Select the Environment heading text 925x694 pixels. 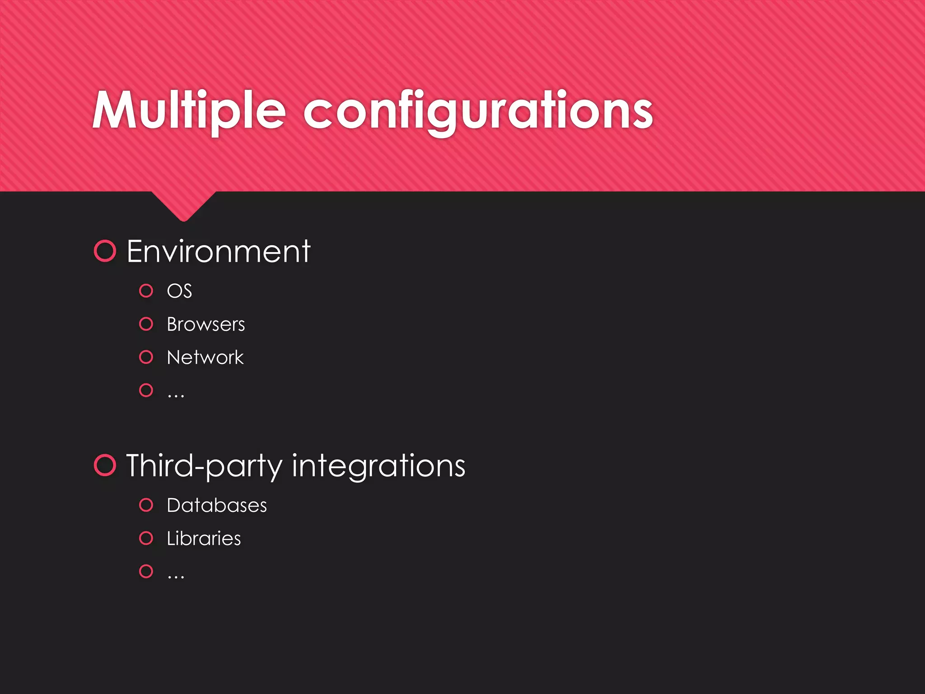point(219,251)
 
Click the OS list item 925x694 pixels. point(179,291)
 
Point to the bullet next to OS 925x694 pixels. point(146,291)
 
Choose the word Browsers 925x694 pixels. point(206,324)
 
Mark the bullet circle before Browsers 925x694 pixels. point(146,324)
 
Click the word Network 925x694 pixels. point(205,357)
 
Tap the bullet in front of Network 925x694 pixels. point(146,357)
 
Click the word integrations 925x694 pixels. point(378,466)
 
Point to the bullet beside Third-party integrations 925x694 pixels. point(105,465)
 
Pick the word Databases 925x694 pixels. point(217,505)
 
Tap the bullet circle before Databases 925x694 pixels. point(146,505)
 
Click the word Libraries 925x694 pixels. point(204,539)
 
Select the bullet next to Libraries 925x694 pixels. point(146,538)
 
